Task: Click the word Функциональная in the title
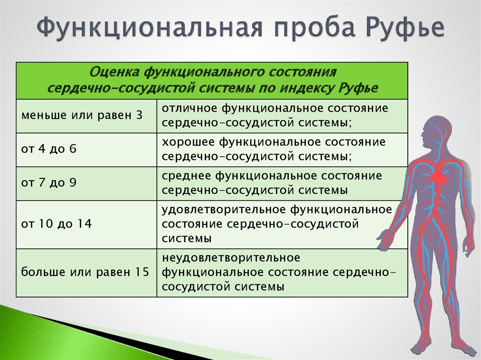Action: (x=150, y=28)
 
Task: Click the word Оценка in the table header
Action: (x=114, y=72)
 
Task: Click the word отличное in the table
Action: (x=189, y=108)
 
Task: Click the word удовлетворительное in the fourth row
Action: (x=224, y=209)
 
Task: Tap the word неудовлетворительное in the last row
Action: (x=231, y=258)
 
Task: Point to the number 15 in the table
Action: (x=141, y=272)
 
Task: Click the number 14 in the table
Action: (x=85, y=223)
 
